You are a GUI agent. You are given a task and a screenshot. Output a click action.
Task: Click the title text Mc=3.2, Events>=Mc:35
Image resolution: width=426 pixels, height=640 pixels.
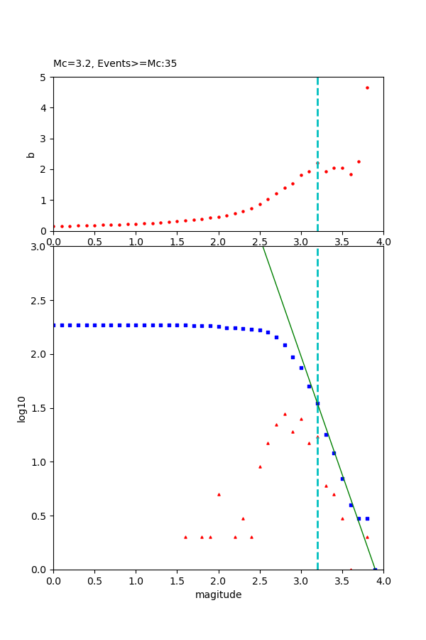pos(115,64)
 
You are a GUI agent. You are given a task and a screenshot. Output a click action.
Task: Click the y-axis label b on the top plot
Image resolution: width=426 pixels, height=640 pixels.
pos(31,154)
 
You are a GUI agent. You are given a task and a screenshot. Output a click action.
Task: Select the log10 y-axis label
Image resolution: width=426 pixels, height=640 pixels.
pos(22,409)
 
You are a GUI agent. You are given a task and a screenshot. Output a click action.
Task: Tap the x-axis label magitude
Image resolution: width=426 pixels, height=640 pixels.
pos(218,594)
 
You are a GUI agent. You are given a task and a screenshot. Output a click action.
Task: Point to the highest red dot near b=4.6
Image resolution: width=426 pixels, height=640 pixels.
pos(367,87)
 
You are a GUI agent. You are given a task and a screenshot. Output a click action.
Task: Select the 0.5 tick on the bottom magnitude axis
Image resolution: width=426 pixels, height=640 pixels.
pos(94,580)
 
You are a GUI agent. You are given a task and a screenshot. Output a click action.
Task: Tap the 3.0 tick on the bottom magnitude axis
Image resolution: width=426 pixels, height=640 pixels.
pos(301,580)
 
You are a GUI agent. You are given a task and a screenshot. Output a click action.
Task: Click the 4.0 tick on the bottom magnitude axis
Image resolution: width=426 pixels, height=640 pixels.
pos(383,580)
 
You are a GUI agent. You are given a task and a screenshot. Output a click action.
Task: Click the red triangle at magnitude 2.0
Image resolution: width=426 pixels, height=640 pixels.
pos(219,494)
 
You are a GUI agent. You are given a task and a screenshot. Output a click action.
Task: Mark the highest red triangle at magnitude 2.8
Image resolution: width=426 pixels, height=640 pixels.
pos(285,414)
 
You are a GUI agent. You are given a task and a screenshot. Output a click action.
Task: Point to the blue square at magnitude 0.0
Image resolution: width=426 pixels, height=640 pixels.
pos(54,325)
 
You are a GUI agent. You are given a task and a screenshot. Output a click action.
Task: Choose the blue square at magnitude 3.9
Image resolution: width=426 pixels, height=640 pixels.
pos(375,569)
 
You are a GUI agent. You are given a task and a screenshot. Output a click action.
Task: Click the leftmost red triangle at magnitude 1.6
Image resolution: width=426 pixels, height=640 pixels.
pos(185,537)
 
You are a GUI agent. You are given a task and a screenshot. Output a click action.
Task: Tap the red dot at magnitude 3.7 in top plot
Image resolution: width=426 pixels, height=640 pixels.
pos(359,161)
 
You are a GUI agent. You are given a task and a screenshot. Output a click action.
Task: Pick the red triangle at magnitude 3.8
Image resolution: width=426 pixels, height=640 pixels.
pos(367,537)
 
